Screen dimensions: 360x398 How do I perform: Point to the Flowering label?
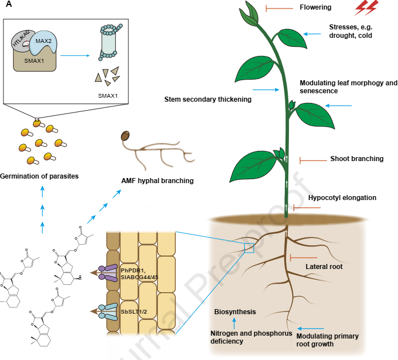[x=315, y=8]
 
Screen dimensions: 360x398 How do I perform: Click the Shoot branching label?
[x=357, y=159]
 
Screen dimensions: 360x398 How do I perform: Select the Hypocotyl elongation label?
[x=342, y=198]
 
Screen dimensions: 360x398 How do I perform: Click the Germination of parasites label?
[x=39, y=176]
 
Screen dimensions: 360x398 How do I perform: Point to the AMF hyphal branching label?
[x=158, y=181]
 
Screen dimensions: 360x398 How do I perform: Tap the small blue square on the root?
[x=249, y=248]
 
